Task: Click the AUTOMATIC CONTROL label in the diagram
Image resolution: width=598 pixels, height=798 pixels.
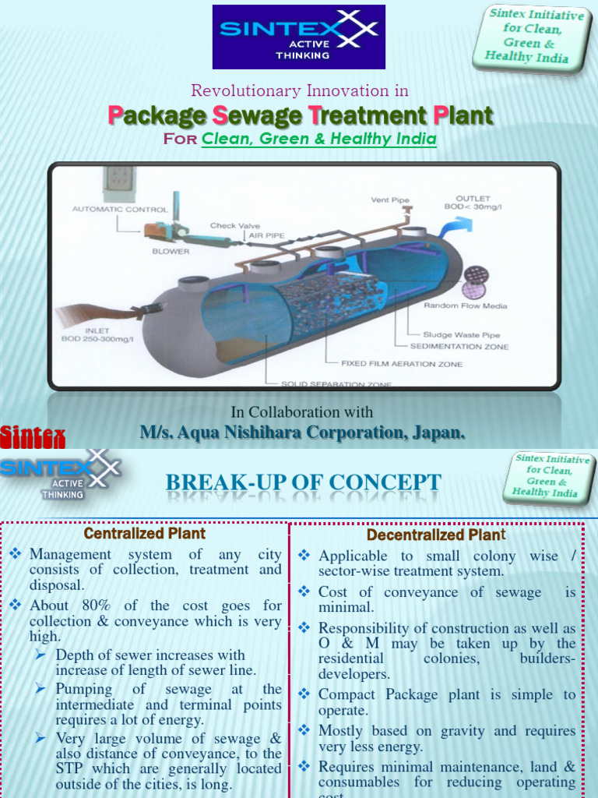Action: [x=120, y=209]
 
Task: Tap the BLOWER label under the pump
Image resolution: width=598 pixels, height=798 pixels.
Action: [x=171, y=252]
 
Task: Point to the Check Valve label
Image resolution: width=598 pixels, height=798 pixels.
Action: [x=235, y=226]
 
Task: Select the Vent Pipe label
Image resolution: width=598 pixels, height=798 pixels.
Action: [x=390, y=200]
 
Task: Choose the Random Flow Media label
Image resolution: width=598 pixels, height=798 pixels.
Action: [x=465, y=305]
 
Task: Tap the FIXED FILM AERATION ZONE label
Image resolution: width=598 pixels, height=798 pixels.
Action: [x=402, y=364]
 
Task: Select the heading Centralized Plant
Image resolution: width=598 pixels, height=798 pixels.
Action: [x=145, y=534]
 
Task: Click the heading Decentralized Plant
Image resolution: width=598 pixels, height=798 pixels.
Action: [x=436, y=535]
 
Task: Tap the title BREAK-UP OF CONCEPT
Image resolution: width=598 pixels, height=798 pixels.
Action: [x=303, y=483]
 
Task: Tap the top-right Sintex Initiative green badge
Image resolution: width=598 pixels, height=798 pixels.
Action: [x=530, y=37]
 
